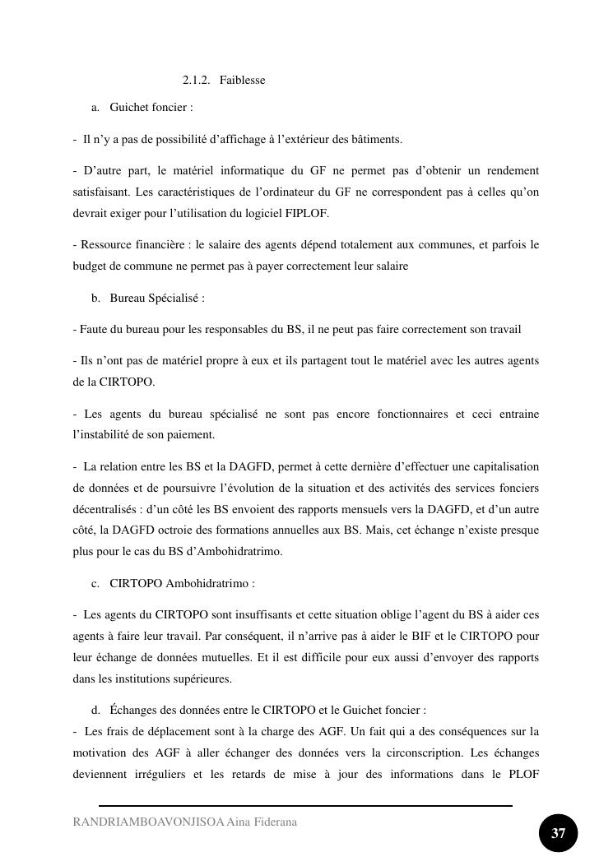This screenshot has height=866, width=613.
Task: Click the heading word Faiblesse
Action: pos(242,81)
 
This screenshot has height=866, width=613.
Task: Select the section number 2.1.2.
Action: pos(196,81)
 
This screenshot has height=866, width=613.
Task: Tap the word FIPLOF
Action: pos(309,214)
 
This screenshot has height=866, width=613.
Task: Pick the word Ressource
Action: pos(104,245)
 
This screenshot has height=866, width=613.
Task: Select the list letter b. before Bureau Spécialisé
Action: pos(96,299)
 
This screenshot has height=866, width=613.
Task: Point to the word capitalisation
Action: pos(505,467)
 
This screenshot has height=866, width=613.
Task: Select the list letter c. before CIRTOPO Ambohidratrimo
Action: pos(96,584)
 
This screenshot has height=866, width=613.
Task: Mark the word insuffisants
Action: pos(242,615)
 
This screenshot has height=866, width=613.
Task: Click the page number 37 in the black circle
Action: pos(558,834)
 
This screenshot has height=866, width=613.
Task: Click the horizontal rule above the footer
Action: pos(305,806)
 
